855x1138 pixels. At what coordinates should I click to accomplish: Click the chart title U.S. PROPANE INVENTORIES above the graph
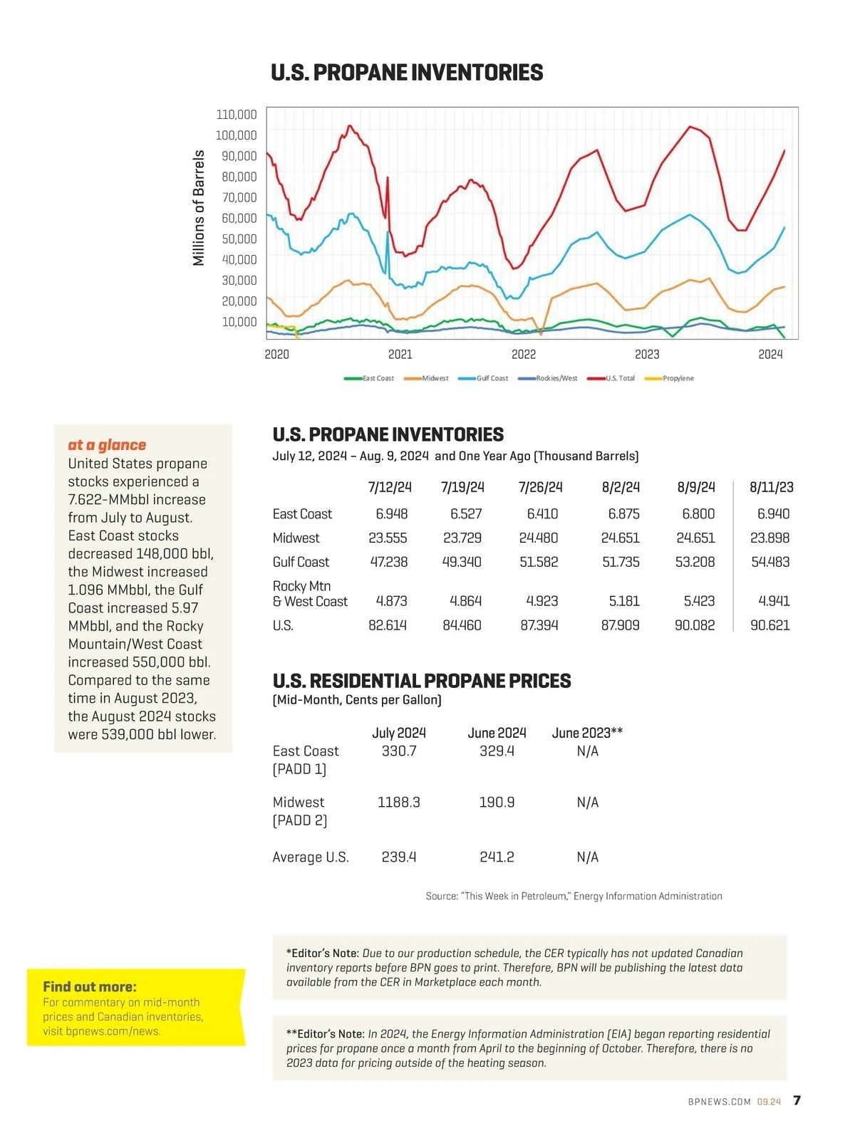[407, 73]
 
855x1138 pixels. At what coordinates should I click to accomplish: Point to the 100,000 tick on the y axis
[236, 135]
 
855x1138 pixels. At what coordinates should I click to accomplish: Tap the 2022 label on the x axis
[524, 355]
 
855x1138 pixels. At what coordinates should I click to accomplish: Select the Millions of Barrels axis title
[199, 208]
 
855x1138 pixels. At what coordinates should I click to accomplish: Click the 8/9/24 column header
[696, 487]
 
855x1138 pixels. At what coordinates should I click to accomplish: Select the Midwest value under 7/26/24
[539, 538]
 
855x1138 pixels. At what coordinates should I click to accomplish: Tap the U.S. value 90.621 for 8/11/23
[770, 625]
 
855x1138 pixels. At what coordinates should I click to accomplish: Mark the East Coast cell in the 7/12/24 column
[392, 514]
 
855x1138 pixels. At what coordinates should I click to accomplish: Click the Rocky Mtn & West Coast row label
[310, 594]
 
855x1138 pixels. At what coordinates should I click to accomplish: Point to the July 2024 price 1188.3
[399, 803]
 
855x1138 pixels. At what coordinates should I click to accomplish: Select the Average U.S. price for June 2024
[497, 857]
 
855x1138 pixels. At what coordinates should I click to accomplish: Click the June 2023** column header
[587, 733]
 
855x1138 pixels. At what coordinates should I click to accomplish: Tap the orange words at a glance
[107, 445]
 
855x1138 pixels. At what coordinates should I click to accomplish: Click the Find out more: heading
[90, 987]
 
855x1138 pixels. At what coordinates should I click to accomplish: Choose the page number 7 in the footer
[797, 1101]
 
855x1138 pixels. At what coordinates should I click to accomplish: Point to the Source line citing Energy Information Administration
[574, 897]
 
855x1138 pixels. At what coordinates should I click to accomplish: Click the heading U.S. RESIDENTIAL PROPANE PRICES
[422, 682]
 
